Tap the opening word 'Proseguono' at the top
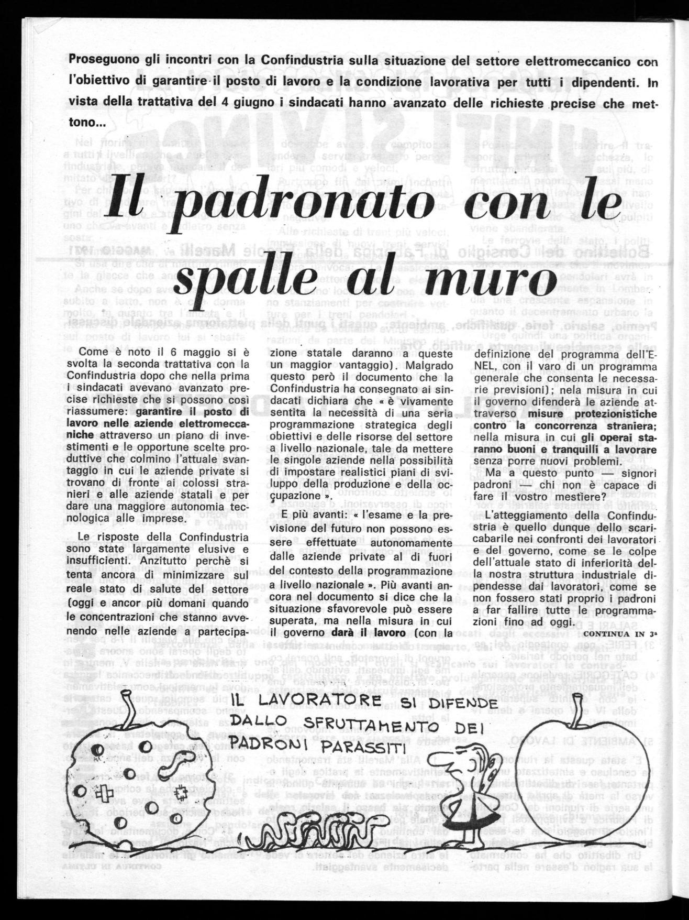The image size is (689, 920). [103, 60]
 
